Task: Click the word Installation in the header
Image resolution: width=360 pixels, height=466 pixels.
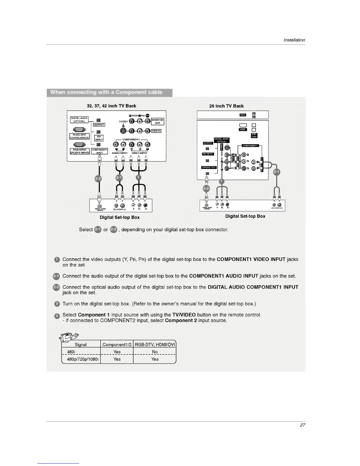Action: [294, 40]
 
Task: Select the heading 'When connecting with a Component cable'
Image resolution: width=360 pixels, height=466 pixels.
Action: [106, 92]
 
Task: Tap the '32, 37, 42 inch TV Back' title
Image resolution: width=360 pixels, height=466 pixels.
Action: [111, 106]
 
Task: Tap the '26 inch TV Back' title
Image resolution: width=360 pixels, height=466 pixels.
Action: [226, 106]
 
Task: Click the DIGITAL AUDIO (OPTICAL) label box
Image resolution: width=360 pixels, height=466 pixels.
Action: [79, 119]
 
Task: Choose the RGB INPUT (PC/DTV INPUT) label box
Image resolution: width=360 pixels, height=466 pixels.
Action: [79, 151]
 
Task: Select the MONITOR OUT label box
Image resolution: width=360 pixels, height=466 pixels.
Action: [157, 121]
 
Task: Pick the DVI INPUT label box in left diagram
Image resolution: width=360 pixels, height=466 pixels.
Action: [99, 138]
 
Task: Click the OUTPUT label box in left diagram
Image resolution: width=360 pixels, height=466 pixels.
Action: [99, 125]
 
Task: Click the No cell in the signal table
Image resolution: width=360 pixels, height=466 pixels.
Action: [155, 352]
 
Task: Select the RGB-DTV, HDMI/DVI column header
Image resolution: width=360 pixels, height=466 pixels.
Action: [155, 344]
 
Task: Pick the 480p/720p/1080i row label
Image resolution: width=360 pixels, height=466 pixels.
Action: [80, 359]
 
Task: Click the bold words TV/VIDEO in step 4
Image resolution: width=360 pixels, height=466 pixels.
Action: [184, 315]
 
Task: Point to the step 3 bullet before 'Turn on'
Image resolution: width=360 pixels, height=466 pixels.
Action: [57, 304]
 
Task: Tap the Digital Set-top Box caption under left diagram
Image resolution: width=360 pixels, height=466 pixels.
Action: [120, 217]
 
